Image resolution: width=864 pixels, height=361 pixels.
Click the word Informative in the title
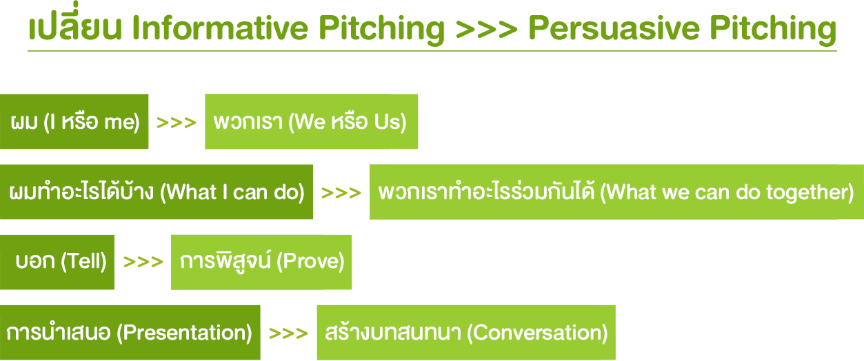(220, 28)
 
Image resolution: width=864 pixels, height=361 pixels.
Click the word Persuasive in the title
(614, 28)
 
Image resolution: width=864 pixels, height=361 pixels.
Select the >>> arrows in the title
(486, 29)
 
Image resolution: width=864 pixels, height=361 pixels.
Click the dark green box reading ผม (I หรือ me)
(74, 121)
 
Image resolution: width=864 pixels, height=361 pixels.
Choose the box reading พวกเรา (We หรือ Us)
(311, 121)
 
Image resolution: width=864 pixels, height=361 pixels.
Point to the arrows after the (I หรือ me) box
(177, 123)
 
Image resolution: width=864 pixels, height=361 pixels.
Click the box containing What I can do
(157, 192)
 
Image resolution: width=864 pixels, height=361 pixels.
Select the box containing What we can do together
(616, 192)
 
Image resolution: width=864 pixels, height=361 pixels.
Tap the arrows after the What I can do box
(341, 193)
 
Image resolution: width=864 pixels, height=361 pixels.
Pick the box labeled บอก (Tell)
(57, 262)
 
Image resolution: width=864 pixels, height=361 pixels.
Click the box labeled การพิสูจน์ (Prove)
(261, 262)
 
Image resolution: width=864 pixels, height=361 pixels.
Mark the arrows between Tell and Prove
(143, 262)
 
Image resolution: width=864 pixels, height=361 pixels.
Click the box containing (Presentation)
(130, 333)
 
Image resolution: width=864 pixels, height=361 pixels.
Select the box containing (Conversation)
(466, 333)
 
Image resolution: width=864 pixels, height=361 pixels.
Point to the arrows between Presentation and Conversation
(288, 333)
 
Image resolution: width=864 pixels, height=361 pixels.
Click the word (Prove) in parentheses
(310, 262)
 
